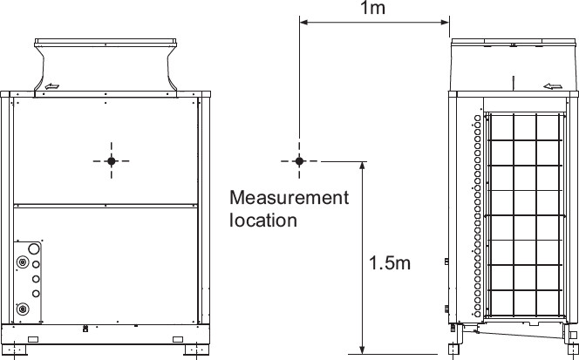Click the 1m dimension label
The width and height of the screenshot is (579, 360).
(x=372, y=8)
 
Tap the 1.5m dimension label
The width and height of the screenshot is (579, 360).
(x=390, y=263)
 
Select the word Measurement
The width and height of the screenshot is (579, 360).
(x=289, y=198)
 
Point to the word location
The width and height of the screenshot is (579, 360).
(x=263, y=220)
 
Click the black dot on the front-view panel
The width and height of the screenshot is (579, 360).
(x=111, y=161)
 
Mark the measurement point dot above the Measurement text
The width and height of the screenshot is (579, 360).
(x=299, y=161)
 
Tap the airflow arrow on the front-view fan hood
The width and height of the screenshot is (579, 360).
(x=52, y=86)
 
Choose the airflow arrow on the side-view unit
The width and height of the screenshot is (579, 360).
(x=553, y=86)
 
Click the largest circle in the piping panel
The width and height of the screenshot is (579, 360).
(x=34, y=248)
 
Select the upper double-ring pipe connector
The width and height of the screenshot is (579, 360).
(x=23, y=262)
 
